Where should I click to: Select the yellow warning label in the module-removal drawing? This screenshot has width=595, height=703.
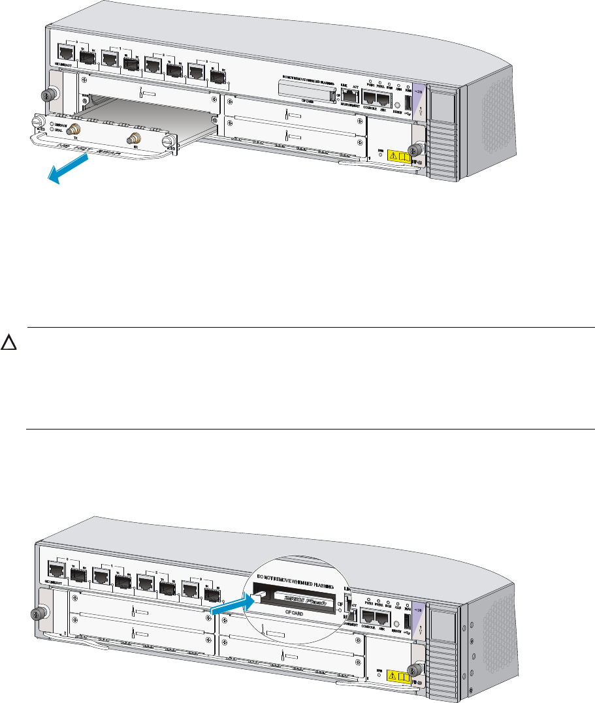pyautogui.click(x=400, y=156)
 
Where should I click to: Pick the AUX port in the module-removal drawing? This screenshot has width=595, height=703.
pyautogui.click(x=384, y=100)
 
